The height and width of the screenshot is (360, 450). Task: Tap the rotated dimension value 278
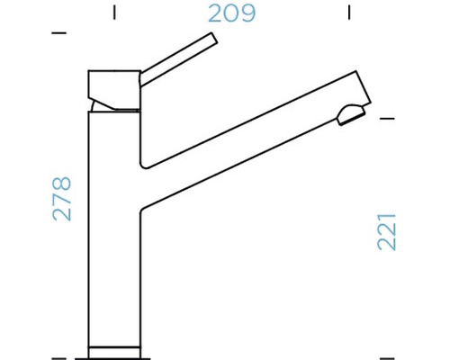tap(62, 199)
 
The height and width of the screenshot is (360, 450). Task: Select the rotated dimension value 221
tap(387, 230)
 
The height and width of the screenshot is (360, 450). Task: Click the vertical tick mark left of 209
tap(113, 13)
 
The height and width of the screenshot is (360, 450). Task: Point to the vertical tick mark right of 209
tap(349, 13)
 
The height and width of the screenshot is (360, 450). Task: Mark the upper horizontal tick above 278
tap(60, 33)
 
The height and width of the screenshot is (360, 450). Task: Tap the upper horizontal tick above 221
tap(388, 118)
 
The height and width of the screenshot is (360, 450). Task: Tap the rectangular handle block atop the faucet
tap(112, 86)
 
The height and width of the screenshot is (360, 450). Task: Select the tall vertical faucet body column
tap(113, 234)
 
